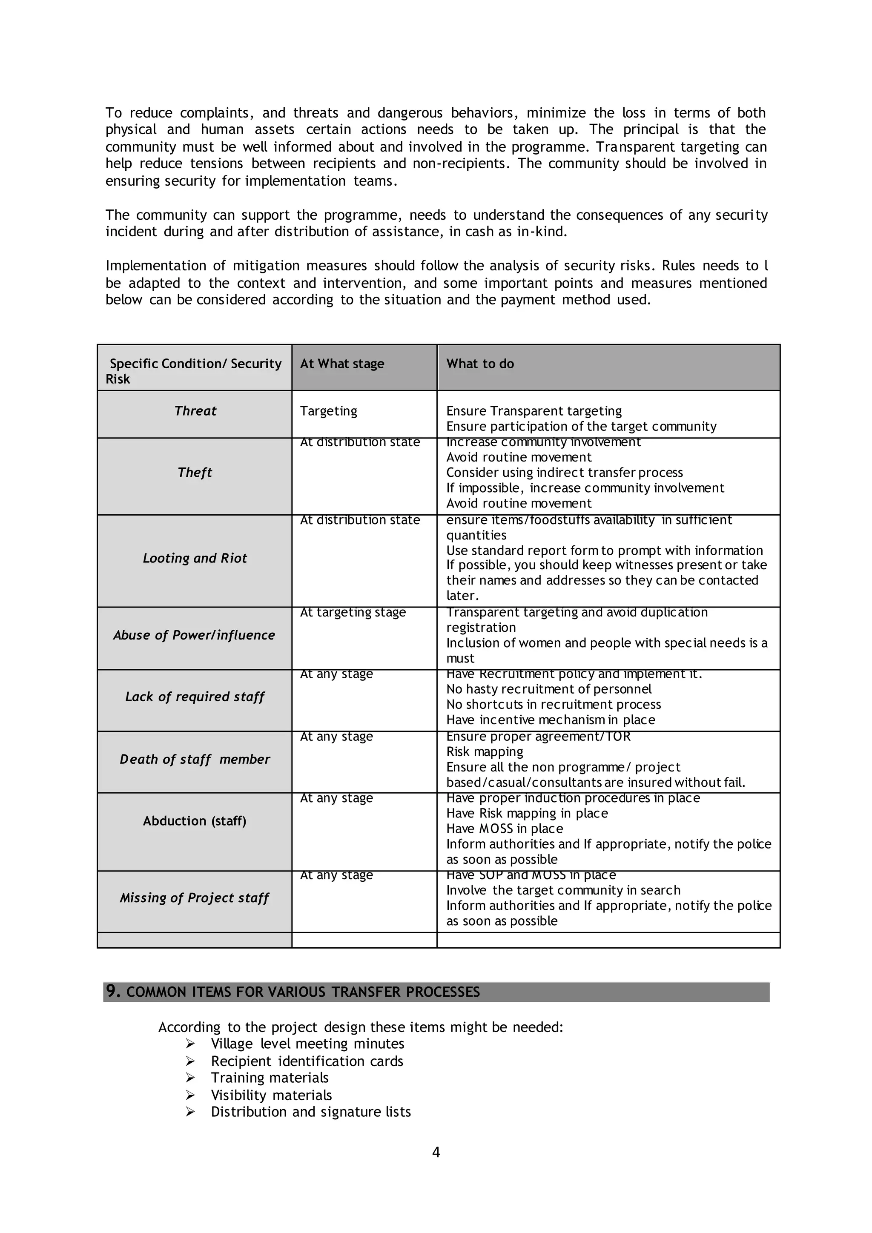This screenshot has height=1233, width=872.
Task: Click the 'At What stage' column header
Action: click(342, 364)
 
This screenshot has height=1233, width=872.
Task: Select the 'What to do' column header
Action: click(480, 364)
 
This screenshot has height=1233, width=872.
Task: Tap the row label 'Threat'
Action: click(195, 411)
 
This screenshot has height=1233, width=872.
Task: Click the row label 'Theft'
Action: click(195, 473)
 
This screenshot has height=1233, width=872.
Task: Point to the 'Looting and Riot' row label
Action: click(195, 558)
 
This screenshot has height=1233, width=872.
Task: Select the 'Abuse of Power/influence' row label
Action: click(194, 635)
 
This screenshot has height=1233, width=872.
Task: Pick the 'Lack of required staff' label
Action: click(195, 697)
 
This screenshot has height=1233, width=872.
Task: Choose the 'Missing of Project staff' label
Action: click(194, 898)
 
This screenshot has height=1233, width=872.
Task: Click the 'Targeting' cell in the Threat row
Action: click(328, 411)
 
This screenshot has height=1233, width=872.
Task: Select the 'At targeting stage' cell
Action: click(353, 612)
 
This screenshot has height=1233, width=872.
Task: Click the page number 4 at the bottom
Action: click(436, 1152)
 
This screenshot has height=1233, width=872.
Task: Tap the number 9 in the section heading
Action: click(111, 991)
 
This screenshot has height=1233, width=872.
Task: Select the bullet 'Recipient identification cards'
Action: click(307, 1061)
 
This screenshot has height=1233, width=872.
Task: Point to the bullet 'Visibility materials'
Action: click(271, 1095)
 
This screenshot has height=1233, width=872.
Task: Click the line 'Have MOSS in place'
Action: click(504, 829)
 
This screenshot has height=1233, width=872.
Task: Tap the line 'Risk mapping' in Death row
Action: click(484, 751)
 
